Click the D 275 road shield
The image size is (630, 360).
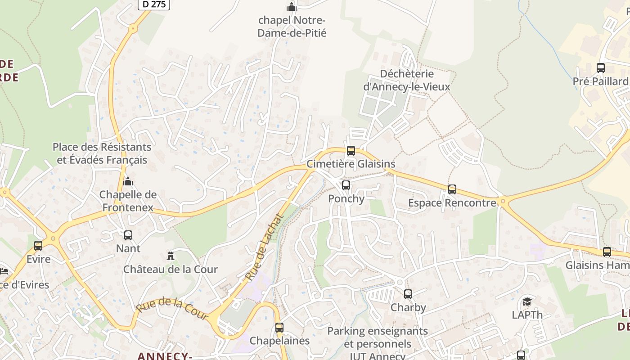[x=154, y=4]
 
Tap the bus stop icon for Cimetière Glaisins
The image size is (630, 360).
[x=351, y=151]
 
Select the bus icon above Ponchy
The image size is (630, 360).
[x=346, y=185]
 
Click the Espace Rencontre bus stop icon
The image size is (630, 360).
[x=452, y=189]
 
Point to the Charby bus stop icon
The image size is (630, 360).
[x=408, y=294]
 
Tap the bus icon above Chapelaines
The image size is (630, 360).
[x=279, y=328]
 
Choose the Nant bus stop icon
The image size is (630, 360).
[x=128, y=235]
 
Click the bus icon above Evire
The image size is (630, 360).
[x=38, y=246]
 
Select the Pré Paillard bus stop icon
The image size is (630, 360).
[x=601, y=68]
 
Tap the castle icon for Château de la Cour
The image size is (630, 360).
[x=171, y=256]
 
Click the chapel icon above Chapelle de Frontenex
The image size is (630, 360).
[x=128, y=181]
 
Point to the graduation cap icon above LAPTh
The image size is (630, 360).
[x=527, y=301]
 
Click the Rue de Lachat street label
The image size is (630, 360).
[x=265, y=247]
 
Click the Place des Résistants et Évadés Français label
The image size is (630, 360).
[x=102, y=153]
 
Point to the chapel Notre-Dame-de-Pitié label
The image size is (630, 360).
[x=292, y=27]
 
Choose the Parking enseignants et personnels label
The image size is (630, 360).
[x=378, y=337]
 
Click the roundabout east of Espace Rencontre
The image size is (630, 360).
[x=503, y=202]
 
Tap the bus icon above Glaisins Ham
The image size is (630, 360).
[x=607, y=252]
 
